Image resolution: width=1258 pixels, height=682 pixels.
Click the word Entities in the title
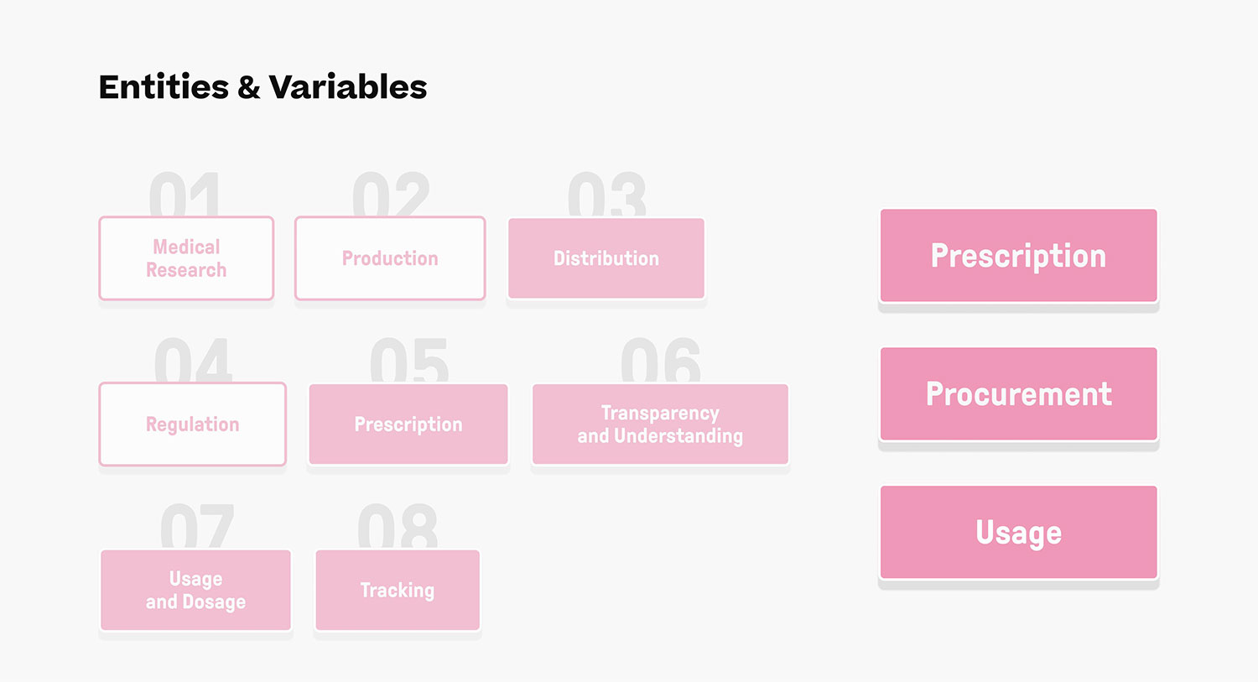[164, 87]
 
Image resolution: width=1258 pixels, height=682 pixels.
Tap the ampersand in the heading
[249, 87]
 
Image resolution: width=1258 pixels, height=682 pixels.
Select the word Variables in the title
[348, 87]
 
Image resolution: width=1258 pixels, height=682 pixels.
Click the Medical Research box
[186, 258]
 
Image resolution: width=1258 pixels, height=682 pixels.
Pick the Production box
[390, 258]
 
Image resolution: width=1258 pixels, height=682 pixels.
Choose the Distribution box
[606, 258]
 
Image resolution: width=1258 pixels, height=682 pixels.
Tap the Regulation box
[193, 424]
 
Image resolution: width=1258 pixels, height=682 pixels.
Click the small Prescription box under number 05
[408, 424]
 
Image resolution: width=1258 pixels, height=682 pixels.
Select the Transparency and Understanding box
[661, 424]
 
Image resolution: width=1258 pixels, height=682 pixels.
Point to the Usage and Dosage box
[196, 591]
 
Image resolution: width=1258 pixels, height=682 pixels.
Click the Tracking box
[398, 591]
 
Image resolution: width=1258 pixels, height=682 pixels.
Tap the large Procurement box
[1019, 393]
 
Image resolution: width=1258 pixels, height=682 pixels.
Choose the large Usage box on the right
[1019, 532]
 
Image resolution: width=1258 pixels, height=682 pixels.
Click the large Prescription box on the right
[1019, 256]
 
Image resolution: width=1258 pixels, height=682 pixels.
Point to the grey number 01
[185, 194]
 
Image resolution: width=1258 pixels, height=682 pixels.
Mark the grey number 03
[606, 194]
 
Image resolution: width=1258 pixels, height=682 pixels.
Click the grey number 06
[661, 360]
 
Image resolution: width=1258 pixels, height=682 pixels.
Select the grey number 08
[398, 526]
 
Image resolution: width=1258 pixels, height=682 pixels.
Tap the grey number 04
[193, 360]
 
